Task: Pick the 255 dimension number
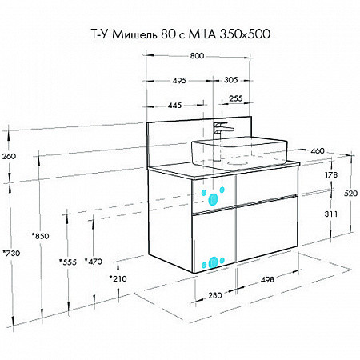coord(236,98)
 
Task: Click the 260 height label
coord(9,156)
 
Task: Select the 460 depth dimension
coord(317,150)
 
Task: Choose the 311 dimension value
coord(330,214)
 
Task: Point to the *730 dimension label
coord(10,253)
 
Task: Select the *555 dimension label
coord(68,261)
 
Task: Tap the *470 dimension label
coord(94,261)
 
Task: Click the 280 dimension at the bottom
coord(214,295)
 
